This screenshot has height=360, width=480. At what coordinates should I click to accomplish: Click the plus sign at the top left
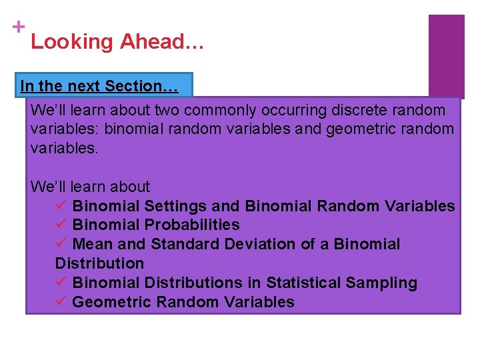pyautogui.click(x=18, y=27)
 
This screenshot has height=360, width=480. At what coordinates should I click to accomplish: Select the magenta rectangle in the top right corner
pyautogui.click(x=446, y=57)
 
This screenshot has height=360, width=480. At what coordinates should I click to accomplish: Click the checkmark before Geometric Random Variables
pyautogui.click(x=61, y=302)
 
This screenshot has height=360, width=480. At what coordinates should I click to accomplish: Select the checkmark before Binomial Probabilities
pyautogui.click(x=61, y=225)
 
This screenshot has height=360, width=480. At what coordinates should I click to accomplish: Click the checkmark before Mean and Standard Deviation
pyautogui.click(x=61, y=245)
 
